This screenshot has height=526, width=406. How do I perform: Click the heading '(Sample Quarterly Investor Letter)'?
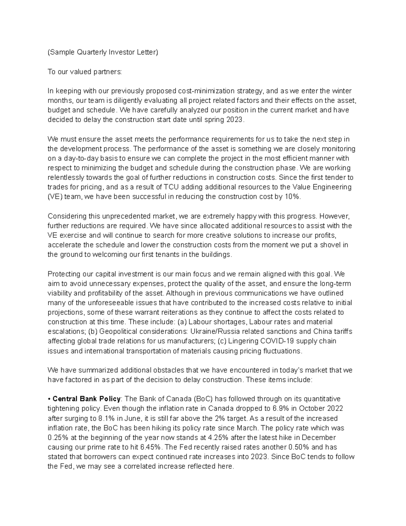103,52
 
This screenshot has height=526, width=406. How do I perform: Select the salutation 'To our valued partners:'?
84,72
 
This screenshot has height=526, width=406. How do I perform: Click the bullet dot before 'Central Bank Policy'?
49,399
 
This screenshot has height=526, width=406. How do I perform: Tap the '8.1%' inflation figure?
108,418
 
